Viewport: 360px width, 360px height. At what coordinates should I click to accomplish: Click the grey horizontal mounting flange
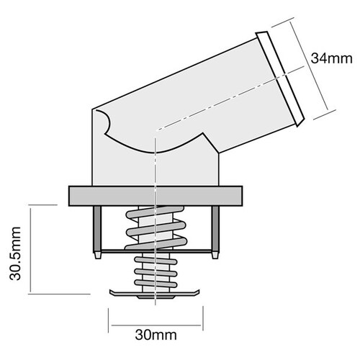pos(154,195)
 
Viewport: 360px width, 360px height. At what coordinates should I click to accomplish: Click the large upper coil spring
pos(155,230)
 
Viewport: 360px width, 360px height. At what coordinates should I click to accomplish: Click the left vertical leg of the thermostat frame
pos(96,229)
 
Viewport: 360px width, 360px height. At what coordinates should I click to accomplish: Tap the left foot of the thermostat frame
pos(96,255)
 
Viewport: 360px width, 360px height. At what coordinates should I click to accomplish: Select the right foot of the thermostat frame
pos(214,255)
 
